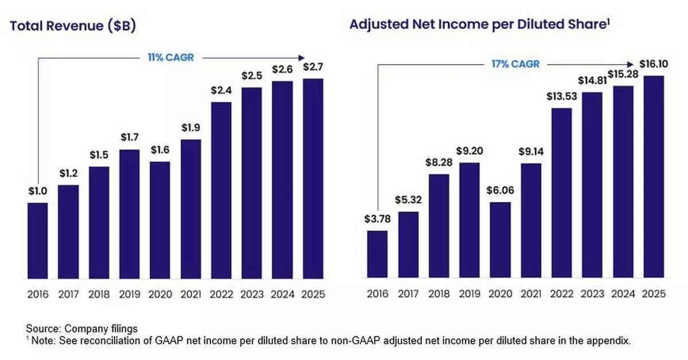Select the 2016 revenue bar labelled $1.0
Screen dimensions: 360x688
pyautogui.click(x=38, y=241)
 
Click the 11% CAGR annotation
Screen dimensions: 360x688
pyautogui.click(x=162, y=57)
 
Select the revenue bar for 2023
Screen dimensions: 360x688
pyautogui.click(x=252, y=183)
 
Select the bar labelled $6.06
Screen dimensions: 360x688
pyautogui.click(x=501, y=240)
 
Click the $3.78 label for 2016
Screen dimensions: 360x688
pyautogui.click(x=377, y=219)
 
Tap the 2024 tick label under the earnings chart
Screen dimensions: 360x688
pyautogui.click(x=623, y=294)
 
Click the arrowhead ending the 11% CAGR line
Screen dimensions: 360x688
pyautogui.click(x=302, y=57)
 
